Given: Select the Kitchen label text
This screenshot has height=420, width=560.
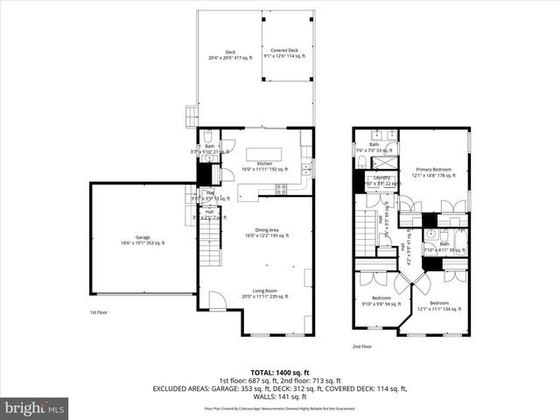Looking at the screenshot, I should point(263,166).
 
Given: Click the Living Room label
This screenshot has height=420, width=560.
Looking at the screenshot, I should point(264,294).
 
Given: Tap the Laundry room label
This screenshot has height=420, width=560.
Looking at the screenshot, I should point(381,180).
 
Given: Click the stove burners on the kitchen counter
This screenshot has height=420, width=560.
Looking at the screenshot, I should point(282,187).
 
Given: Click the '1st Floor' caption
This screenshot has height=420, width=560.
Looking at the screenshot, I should point(99,312).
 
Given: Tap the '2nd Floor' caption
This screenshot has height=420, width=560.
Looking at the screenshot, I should point(363,346).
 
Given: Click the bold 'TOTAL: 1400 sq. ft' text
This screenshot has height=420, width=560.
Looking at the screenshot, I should point(279,373).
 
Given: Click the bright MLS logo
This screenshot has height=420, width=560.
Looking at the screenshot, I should point(35,407).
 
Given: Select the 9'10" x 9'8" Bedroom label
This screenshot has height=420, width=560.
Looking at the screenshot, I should point(381,302).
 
